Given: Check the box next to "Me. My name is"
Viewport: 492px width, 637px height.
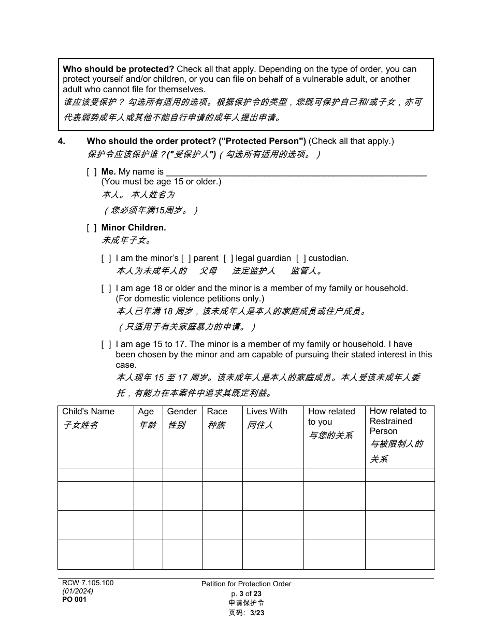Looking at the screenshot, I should click(91, 172).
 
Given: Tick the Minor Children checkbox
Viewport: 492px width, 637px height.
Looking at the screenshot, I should click(91, 228).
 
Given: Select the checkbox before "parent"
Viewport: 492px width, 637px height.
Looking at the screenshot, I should click(185, 258).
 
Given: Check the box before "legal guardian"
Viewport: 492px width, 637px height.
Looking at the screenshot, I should click(228, 258).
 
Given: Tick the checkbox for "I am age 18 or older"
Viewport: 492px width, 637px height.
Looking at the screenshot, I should click(106, 288).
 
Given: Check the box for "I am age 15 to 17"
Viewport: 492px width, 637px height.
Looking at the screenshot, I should click(106, 344).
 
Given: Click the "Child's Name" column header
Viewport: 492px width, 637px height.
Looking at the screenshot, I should click(88, 412).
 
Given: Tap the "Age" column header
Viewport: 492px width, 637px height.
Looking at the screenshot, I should click(146, 412).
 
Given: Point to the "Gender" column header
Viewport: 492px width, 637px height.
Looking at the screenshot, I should click(182, 412).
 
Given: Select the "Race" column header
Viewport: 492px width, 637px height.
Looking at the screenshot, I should click(217, 412).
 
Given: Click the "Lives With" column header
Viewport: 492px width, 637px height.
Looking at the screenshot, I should click(267, 412).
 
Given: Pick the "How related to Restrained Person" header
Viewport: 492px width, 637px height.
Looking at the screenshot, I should click(398, 421).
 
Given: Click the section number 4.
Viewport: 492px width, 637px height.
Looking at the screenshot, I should click(61, 141).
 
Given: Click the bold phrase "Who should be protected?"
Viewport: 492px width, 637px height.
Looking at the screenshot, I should click(119, 69).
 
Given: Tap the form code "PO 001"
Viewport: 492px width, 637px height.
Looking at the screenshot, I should click(74, 600).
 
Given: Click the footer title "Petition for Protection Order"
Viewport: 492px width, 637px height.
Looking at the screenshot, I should click(246, 584).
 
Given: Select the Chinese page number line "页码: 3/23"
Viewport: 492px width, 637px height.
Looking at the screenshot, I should click(246, 613).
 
